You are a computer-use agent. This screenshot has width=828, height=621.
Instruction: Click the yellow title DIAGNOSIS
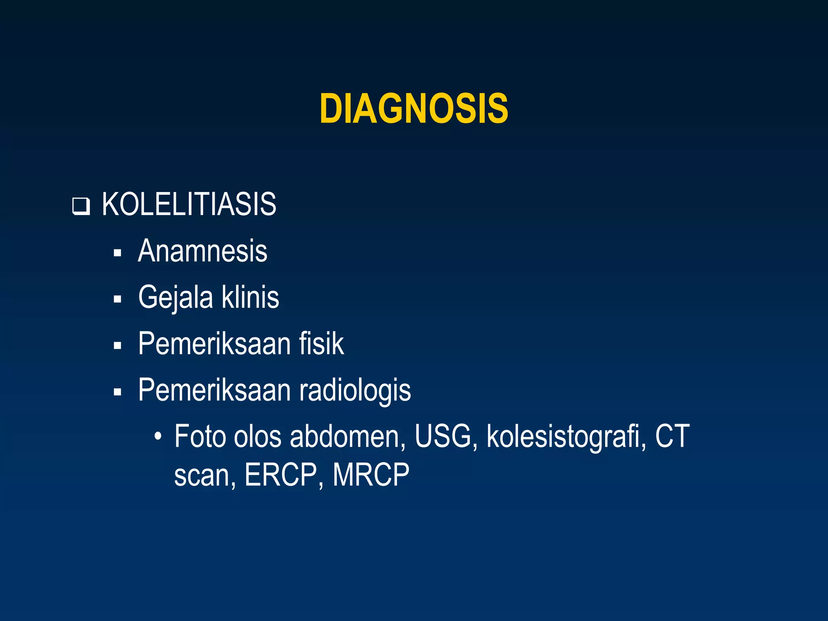click(414, 108)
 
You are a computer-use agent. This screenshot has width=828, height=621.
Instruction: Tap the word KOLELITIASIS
click(189, 204)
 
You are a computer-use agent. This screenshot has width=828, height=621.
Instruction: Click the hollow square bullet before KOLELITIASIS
click(80, 206)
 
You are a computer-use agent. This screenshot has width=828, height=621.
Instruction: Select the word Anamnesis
click(203, 251)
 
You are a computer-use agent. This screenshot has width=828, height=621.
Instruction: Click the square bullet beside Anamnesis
click(118, 253)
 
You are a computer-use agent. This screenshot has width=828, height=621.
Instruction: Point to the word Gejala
click(175, 298)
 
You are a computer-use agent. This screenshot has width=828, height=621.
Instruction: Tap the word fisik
click(321, 344)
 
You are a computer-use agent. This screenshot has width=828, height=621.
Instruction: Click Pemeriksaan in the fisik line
click(214, 344)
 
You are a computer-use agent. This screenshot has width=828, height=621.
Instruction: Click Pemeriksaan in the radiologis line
click(214, 390)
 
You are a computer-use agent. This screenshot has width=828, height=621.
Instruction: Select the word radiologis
click(355, 391)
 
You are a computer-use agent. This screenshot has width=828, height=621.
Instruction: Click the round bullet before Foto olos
click(158, 437)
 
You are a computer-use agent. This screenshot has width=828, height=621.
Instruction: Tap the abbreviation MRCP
click(371, 475)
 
